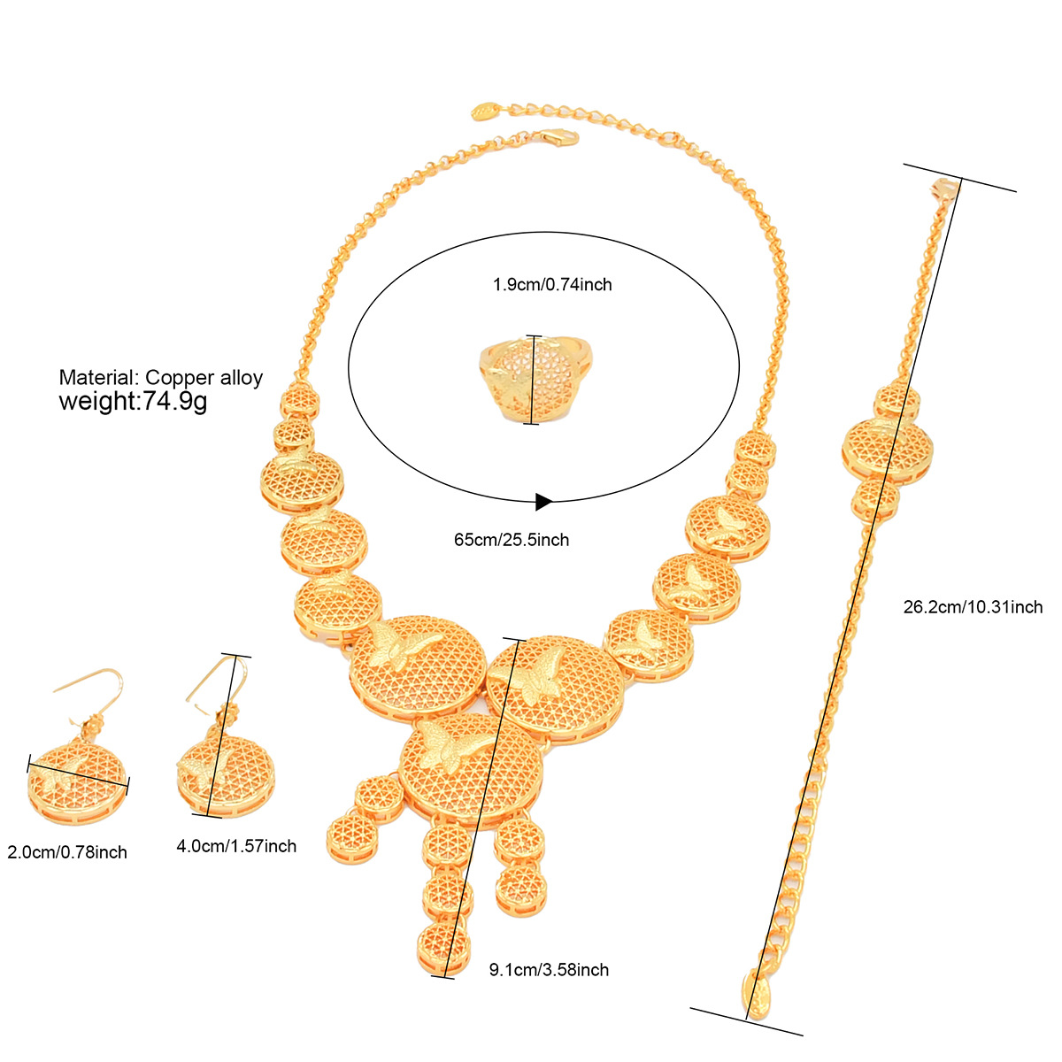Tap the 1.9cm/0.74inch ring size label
(x=551, y=284)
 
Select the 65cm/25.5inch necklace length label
(x=511, y=540)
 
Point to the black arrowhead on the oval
(x=543, y=502)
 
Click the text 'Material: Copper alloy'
(x=161, y=378)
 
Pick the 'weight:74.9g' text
(x=133, y=401)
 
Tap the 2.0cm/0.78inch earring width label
(x=67, y=852)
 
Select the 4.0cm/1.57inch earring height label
(x=236, y=846)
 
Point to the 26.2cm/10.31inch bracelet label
(x=973, y=607)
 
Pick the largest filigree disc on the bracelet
(x=888, y=452)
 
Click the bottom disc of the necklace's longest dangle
(x=444, y=948)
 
